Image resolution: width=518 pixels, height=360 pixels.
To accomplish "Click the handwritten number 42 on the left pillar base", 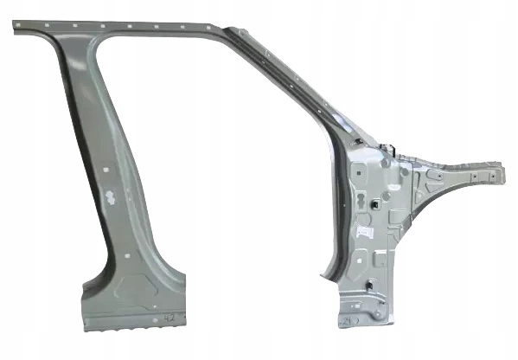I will point(169,319).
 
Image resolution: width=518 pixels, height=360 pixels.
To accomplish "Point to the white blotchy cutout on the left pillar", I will point(112,196).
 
